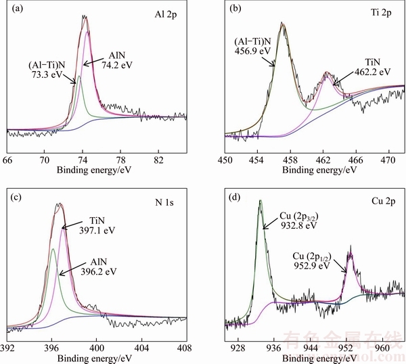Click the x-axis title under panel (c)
point(95,357)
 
